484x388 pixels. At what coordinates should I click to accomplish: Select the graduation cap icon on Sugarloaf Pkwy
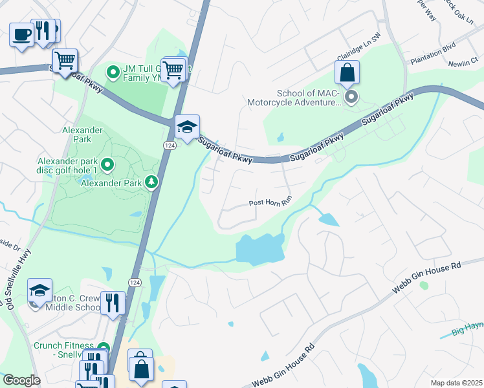pyautogui.click(x=187, y=127)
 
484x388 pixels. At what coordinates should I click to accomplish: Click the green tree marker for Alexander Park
pyautogui.click(x=151, y=182)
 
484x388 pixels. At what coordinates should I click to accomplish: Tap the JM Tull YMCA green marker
pyautogui.click(x=113, y=71)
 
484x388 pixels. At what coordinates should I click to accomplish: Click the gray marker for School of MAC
pyautogui.click(x=351, y=98)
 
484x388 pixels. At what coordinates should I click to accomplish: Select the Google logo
pyautogui.click(x=21, y=380)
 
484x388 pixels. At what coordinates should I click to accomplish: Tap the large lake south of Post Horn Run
pyautogui.click(x=259, y=249)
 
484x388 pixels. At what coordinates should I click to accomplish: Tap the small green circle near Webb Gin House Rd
pyautogui.click(x=424, y=285)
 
